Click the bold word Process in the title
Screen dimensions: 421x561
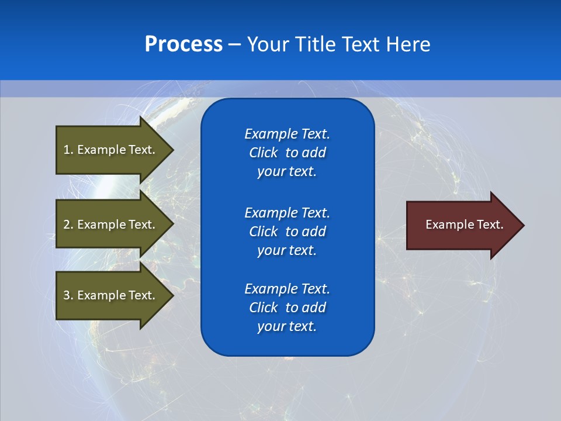[x=183, y=44]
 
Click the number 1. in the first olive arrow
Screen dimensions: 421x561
[x=68, y=150]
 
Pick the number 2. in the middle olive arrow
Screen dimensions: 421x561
[x=68, y=225]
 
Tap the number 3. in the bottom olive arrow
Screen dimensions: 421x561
[x=68, y=295]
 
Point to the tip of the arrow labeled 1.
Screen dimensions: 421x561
[x=172, y=150]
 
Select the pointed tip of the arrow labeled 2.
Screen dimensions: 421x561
[x=172, y=225]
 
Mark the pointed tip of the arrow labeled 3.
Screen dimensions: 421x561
[x=172, y=295]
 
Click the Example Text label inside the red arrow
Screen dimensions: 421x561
[x=464, y=225]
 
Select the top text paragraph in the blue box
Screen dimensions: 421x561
[x=287, y=153]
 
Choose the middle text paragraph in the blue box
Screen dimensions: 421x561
[x=287, y=232]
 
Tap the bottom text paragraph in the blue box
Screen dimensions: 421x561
[x=287, y=308]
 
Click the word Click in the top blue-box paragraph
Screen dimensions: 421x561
[x=264, y=153]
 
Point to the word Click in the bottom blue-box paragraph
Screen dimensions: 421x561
[x=264, y=308]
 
